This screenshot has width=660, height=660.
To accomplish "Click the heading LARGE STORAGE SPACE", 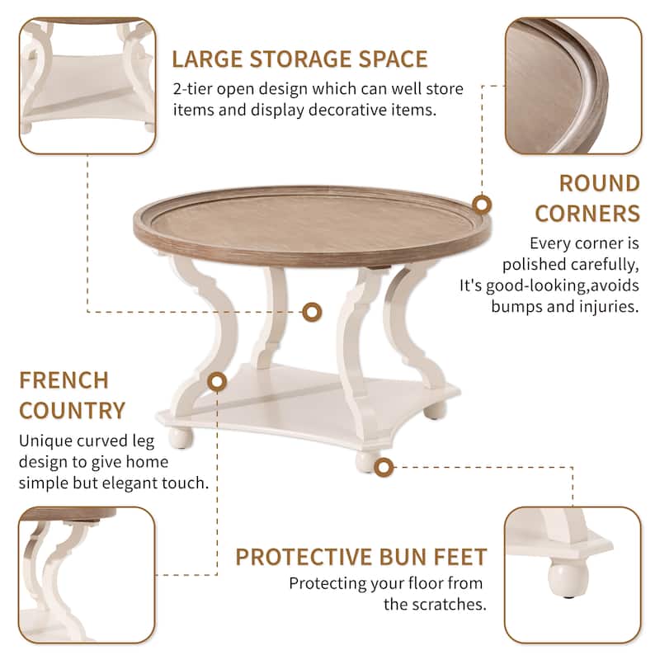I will coord(299,59).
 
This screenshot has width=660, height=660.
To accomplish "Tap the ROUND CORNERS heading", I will coord(587,198).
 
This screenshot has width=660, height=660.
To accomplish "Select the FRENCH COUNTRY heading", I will coord(73,395).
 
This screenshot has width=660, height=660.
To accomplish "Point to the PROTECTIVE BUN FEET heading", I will coord(361,556).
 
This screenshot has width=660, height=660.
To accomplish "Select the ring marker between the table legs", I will coord(311,311).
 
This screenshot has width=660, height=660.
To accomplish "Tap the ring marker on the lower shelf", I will coord(218,382).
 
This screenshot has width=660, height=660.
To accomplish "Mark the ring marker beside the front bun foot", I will coord(382,468).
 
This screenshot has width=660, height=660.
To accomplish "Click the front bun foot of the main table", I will coord(365,460).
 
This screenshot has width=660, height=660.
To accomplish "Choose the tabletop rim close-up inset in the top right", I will coord(573,87).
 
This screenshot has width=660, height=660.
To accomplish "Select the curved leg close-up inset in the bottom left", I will coord(87,574).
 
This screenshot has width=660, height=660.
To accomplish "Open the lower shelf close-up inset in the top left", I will coord(87,87).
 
